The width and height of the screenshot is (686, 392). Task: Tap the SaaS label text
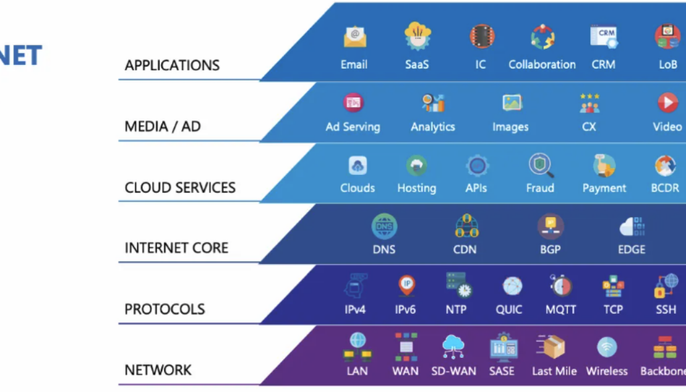pos(417,65)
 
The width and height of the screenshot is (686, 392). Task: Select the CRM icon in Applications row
pos(604,36)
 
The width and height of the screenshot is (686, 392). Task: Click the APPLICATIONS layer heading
pos(172,66)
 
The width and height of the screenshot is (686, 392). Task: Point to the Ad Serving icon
pos(353,103)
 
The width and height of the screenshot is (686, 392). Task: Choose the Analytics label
pos(433,127)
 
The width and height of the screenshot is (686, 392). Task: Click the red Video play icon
pos(667,103)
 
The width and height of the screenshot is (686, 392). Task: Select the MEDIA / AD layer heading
pos(163,127)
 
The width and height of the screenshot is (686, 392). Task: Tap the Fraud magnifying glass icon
pos(540,165)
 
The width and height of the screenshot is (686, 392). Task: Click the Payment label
pos(604,188)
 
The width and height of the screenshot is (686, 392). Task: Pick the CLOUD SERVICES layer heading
pos(180,188)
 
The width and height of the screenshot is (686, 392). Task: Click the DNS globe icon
pos(385,226)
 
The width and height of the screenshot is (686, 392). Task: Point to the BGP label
pos(549,249)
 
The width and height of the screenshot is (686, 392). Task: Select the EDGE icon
pos(632,226)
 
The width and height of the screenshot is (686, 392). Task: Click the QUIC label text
pos(508,310)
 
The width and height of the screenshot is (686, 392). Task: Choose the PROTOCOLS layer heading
pos(165,310)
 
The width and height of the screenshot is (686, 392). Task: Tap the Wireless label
pos(607,371)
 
